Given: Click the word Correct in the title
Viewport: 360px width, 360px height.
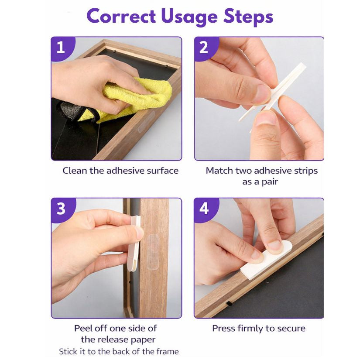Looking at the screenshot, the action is tap(121, 16).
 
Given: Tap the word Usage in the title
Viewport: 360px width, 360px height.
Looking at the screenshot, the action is tap(189, 17).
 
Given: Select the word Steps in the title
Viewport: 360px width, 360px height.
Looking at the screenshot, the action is tap(248, 17).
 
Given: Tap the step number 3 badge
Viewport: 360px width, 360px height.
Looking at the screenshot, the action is tap(62, 209).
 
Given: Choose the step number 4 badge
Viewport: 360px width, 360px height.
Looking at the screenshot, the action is tap(206, 209).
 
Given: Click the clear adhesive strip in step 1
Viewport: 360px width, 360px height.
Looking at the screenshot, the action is tap(145, 121).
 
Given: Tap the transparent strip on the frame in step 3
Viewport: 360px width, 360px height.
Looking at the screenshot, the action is tap(153, 252).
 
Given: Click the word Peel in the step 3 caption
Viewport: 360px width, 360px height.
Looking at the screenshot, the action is tap(83, 328).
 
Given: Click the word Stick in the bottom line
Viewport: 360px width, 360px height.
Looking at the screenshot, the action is tap(68, 351).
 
